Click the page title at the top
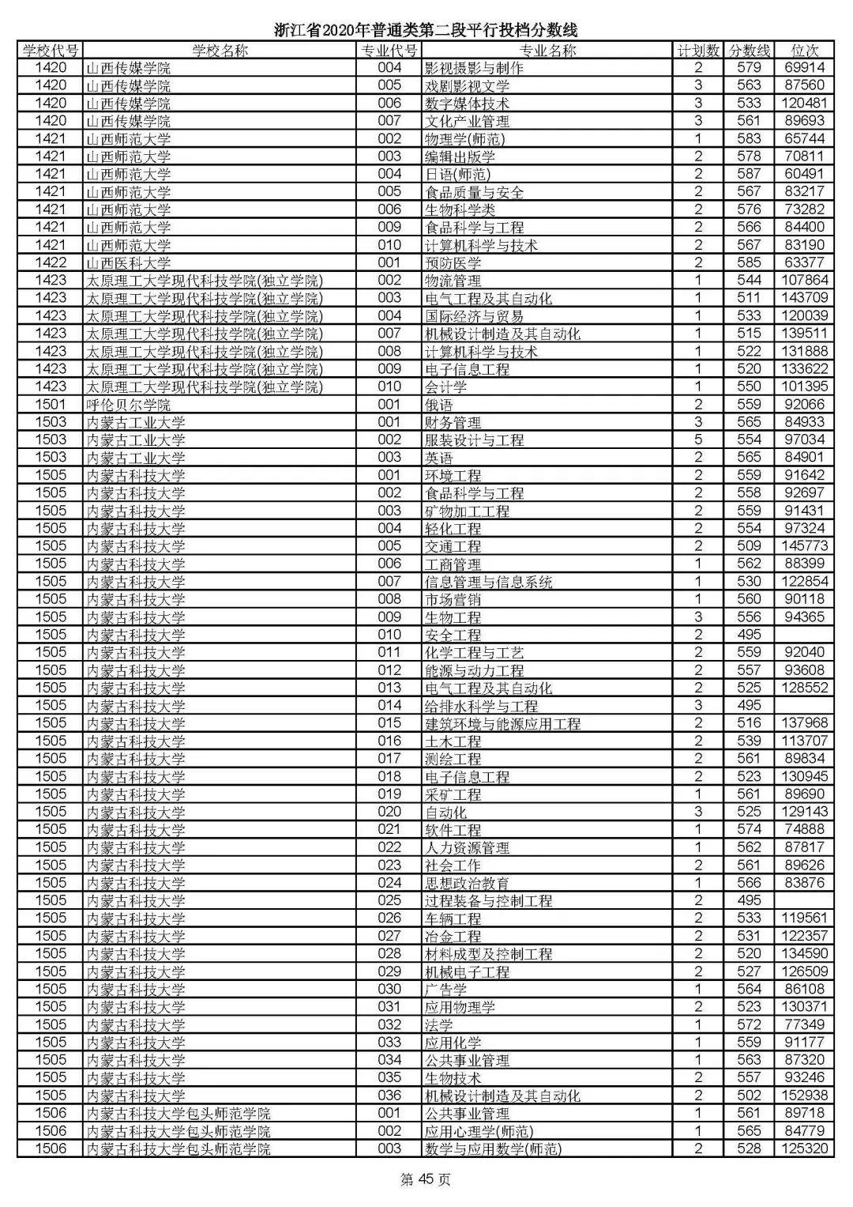click(x=426, y=31)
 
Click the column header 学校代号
click(x=51, y=51)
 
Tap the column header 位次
click(x=804, y=51)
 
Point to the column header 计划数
click(x=698, y=51)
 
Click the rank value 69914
click(x=804, y=68)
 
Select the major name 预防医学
click(x=453, y=263)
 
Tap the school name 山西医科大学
click(x=128, y=263)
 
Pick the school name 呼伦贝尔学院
click(x=128, y=405)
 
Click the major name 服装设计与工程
click(x=474, y=440)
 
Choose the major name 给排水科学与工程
click(x=481, y=706)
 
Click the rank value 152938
click(x=804, y=1096)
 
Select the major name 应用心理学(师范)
click(x=479, y=1131)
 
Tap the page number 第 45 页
click(x=426, y=1180)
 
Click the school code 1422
click(x=51, y=263)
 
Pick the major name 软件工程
click(x=453, y=830)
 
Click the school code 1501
click(x=51, y=405)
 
